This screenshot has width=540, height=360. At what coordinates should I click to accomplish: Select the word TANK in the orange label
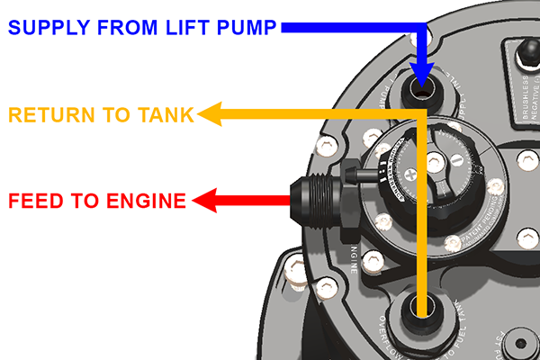tap(166, 114)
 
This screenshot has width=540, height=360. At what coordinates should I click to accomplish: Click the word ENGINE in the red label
tap(139, 200)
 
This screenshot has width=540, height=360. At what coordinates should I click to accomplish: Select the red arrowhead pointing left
tap(210, 200)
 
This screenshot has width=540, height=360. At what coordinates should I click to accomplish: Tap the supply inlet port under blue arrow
tap(423, 90)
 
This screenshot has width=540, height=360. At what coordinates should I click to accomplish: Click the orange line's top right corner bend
tap(422, 115)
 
